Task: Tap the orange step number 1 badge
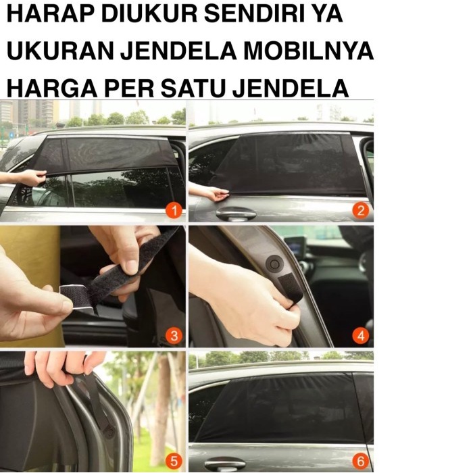pos(174,211)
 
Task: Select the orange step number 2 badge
pos(361,211)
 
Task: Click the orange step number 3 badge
pos(174,336)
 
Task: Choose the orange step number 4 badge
pos(361,336)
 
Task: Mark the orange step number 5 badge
pos(174,462)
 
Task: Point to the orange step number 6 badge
pos(361,462)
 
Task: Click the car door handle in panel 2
pos(236,214)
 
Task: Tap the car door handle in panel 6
pos(225,465)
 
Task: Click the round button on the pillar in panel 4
pos(273,262)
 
